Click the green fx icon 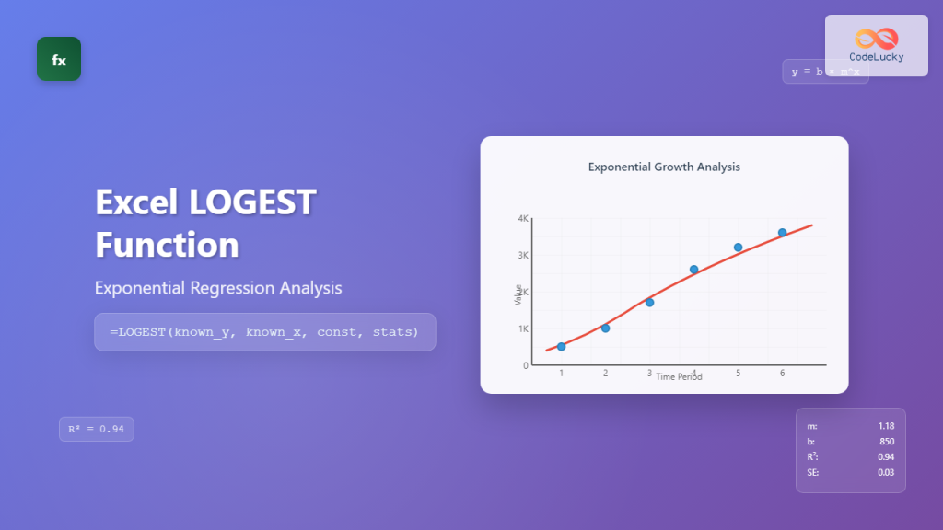coord(59,59)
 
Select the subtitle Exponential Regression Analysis coord(218,288)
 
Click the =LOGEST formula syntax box coord(264,332)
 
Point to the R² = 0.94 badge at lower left coord(97,429)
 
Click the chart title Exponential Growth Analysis coord(664,167)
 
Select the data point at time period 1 coord(562,347)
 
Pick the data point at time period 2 coord(605,328)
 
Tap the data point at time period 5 coord(738,248)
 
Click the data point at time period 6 coord(782,233)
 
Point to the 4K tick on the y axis coord(523,219)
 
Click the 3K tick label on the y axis coord(523,256)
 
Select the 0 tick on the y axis coord(526,365)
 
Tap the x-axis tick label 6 coord(782,374)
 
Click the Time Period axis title coord(679,377)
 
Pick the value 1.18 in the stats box coord(885,426)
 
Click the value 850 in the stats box coord(887,442)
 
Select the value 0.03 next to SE coord(885,473)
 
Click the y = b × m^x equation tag coord(825,72)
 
